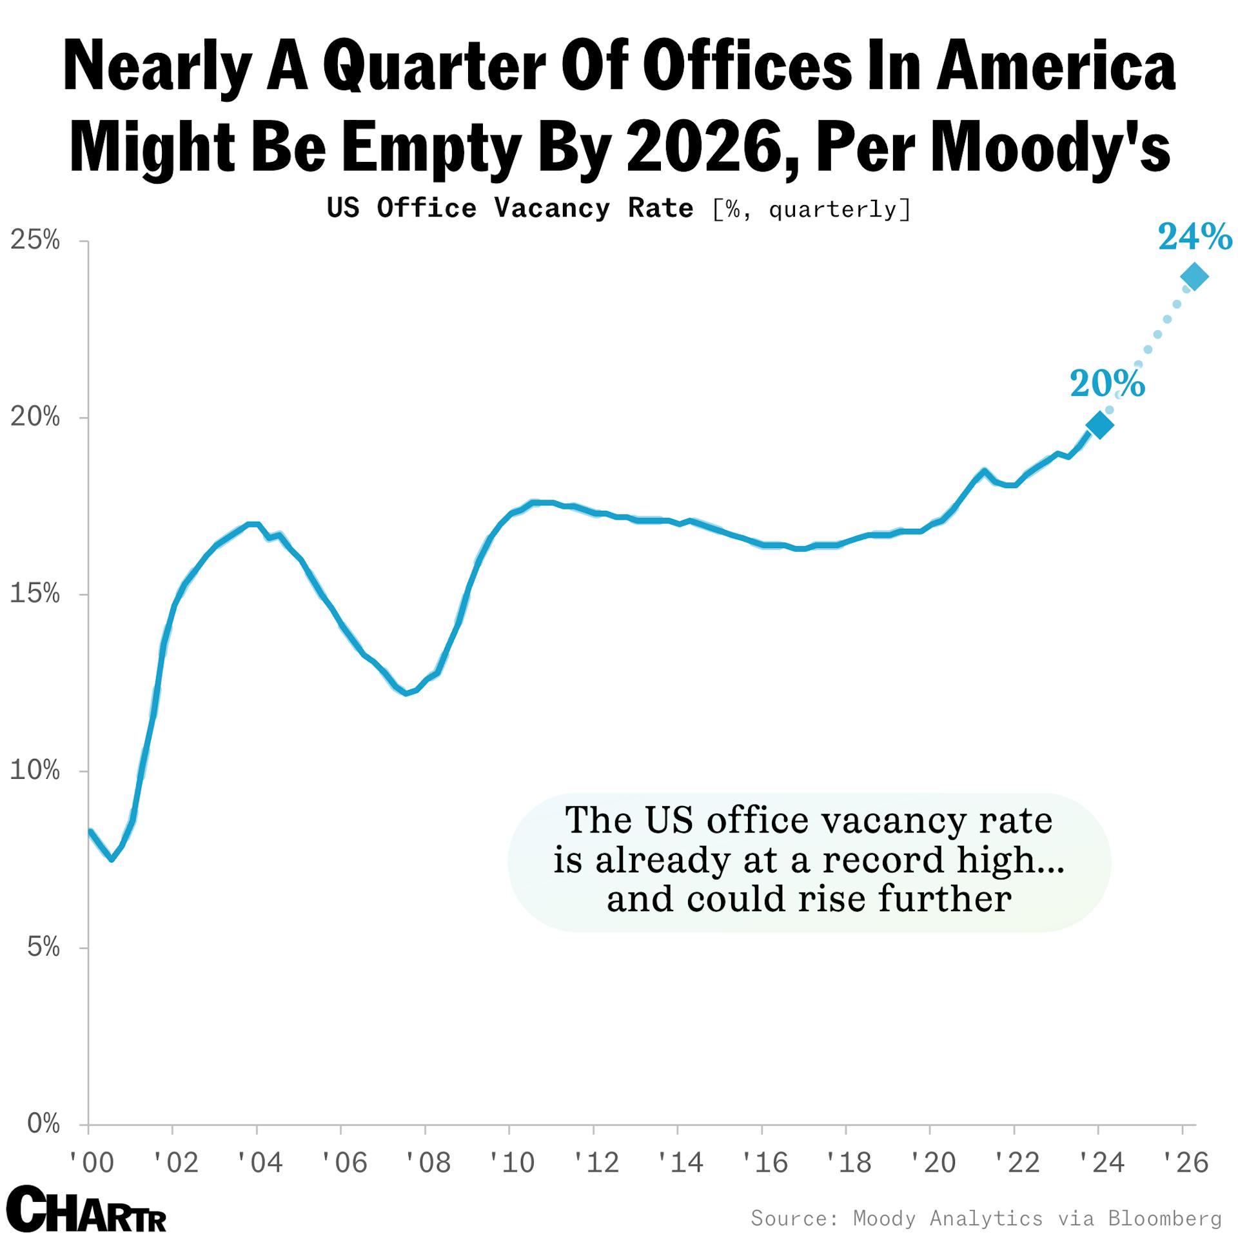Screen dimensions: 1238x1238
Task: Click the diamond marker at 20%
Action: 1099,424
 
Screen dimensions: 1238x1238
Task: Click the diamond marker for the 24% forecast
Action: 1194,277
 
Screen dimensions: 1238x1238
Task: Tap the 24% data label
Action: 1195,237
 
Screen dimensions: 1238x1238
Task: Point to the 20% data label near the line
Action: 1107,384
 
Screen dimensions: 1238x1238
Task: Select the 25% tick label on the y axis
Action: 35,241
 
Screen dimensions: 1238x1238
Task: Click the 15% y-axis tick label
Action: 35,594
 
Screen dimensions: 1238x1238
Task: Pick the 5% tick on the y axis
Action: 43,947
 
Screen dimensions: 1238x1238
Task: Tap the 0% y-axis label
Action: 43,1124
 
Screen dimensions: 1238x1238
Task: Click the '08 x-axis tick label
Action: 427,1163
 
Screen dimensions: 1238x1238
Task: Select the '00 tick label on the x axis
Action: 91,1163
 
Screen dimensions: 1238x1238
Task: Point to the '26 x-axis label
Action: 1185,1163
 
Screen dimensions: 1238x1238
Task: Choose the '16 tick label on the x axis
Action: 763,1163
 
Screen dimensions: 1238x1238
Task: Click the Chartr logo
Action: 86,1208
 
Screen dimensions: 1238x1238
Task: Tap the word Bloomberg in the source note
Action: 1164,1218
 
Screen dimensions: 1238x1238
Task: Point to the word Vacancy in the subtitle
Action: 552,208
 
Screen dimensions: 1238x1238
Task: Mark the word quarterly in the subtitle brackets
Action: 832,210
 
